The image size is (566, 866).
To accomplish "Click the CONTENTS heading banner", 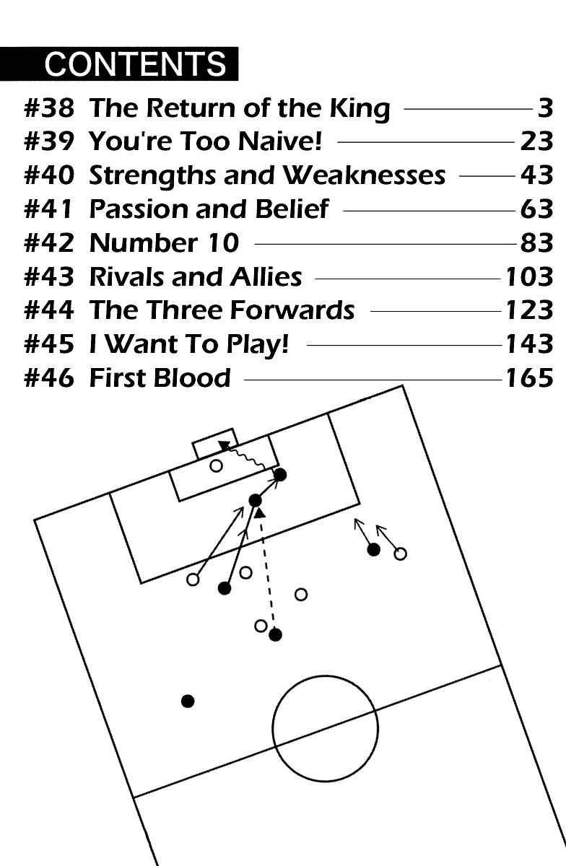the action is click(x=119, y=64).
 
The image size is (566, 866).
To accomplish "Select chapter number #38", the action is click(x=49, y=108).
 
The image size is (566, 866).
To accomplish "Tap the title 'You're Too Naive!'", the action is click(x=206, y=141).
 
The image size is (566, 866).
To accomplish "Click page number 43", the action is click(x=536, y=175).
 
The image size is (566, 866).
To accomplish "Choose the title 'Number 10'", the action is click(x=164, y=242).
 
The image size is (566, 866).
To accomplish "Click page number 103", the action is click(x=529, y=277).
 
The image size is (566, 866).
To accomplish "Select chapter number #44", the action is click(x=49, y=310).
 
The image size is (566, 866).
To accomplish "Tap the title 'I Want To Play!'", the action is click(x=189, y=344).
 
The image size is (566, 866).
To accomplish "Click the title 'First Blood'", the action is click(x=160, y=377).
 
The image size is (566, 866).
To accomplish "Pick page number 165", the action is click(x=529, y=377).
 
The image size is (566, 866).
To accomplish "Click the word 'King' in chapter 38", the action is click(x=360, y=109).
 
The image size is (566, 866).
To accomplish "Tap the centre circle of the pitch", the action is click(x=325, y=728).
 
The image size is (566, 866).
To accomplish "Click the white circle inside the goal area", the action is click(x=216, y=465).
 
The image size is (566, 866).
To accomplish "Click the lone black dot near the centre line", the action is click(x=188, y=701).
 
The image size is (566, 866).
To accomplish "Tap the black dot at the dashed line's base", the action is click(x=275, y=634).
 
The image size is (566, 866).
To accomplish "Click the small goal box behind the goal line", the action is click(x=215, y=443).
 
